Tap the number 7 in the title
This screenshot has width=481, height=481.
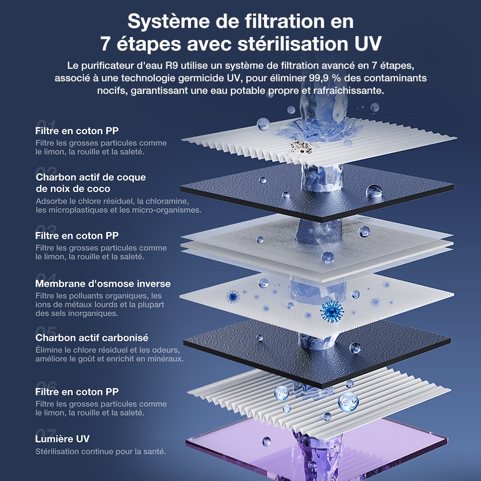(x=106, y=44)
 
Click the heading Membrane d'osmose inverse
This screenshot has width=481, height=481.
(x=103, y=284)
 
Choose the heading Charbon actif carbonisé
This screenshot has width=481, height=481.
(x=92, y=338)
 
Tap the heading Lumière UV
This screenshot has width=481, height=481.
(x=63, y=439)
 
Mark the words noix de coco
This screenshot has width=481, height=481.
(x=73, y=189)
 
